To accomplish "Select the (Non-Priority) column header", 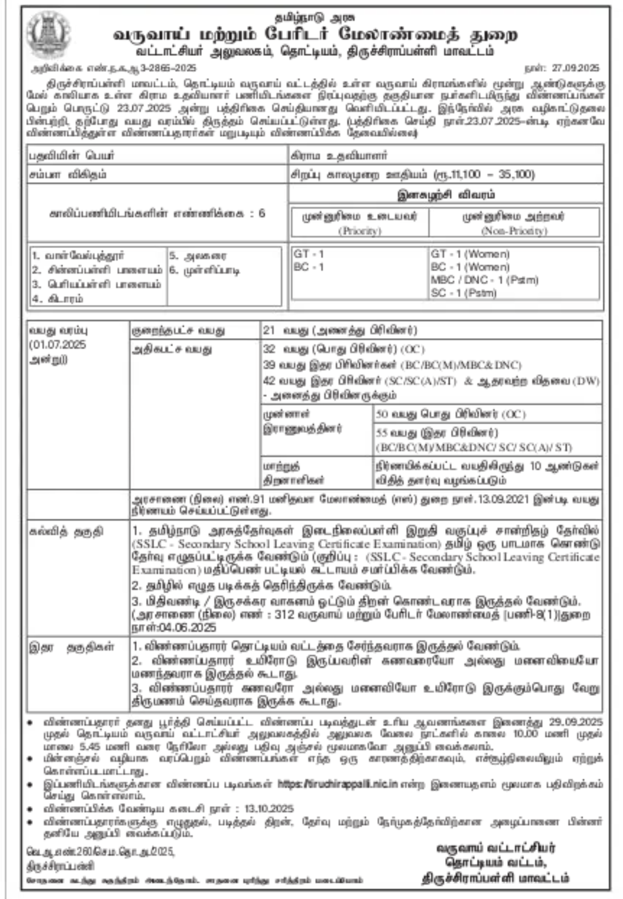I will pos(514,231).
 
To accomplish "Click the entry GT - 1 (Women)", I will pos(470,254).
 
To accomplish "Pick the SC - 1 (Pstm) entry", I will pos(463,293).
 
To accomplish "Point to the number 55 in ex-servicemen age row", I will pos(381,432).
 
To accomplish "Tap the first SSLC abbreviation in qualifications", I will pos(147,544).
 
